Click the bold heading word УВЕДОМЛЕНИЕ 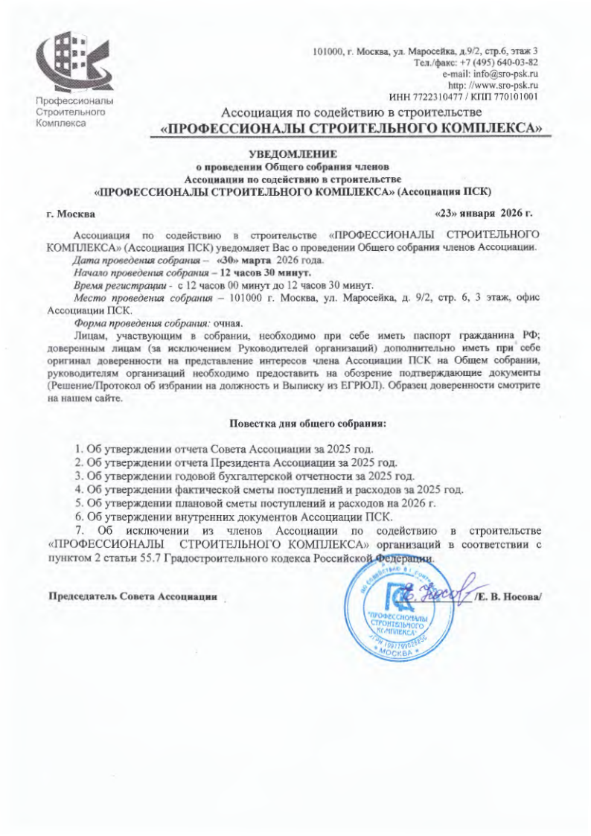293,155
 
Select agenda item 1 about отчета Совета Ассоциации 223,450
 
